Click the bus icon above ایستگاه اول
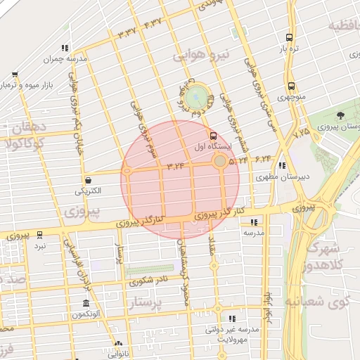pos(214,136)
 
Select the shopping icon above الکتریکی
pos(88,179)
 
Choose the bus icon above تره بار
pos(290,38)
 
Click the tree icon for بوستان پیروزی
pos(341,115)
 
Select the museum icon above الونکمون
pos(85,303)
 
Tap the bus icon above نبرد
pos(39,236)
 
